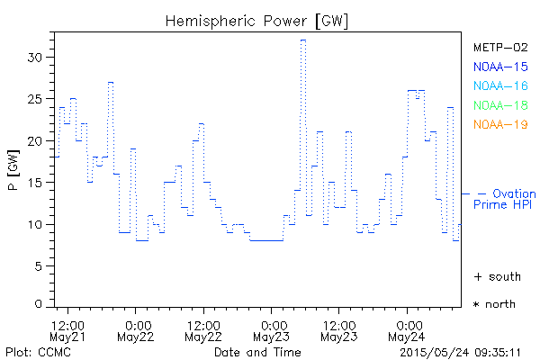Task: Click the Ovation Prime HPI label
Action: [x=506, y=200]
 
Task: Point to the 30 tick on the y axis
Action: [x=37, y=58]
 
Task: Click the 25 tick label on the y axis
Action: [x=37, y=99]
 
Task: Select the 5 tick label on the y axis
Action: [x=40, y=265]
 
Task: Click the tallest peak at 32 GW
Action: [x=303, y=40]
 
